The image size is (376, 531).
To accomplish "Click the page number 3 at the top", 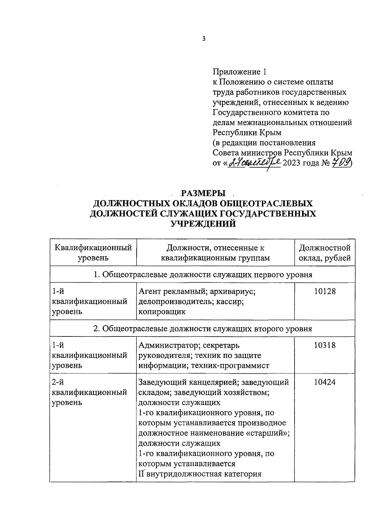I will coord(204,39).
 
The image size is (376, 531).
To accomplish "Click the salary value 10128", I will coord(325,291).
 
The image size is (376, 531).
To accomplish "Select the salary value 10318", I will coord(325,345).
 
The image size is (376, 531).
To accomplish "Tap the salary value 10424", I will coord(325,382).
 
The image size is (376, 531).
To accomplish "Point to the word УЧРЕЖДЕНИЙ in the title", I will coord(203,224).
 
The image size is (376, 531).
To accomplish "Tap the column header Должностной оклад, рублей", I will coord(325,253).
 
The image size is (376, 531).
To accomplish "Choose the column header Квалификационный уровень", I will coord(93,253).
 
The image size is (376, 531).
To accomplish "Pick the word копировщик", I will coord(162,312).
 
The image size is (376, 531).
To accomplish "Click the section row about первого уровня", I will coord(203,275).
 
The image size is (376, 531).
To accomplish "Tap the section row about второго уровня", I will coord(203,329).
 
